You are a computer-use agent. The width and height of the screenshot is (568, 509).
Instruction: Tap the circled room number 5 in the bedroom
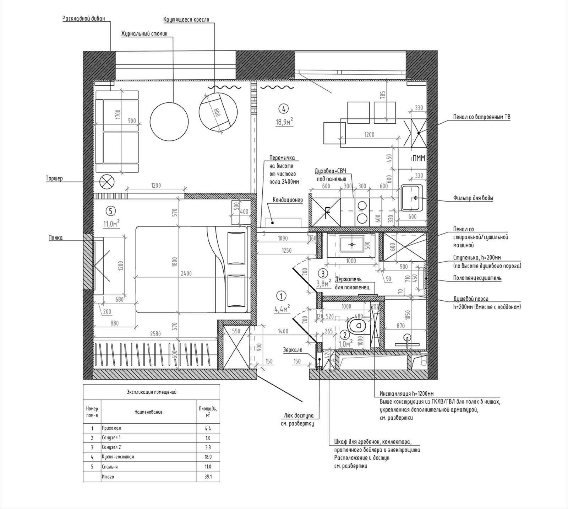(x=110, y=211)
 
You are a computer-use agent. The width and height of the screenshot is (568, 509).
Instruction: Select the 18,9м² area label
(x=285, y=122)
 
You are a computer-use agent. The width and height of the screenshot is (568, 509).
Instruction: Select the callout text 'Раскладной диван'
(x=84, y=19)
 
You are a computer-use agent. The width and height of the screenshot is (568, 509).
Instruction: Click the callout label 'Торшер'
(x=54, y=178)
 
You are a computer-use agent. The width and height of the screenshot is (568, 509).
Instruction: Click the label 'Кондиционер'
(x=288, y=200)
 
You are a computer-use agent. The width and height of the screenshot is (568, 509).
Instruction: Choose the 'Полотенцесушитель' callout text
(x=477, y=278)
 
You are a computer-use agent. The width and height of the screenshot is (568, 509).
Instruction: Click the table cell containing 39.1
(x=208, y=477)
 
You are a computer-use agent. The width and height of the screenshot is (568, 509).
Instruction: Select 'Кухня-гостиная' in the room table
(x=118, y=457)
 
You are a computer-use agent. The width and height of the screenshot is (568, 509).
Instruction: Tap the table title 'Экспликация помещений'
(x=152, y=392)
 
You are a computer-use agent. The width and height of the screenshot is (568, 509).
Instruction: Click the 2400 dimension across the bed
(x=186, y=273)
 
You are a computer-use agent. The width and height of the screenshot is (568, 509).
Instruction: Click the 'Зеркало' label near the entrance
(x=293, y=350)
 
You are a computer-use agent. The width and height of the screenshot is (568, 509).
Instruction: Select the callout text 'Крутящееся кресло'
(x=186, y=20)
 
